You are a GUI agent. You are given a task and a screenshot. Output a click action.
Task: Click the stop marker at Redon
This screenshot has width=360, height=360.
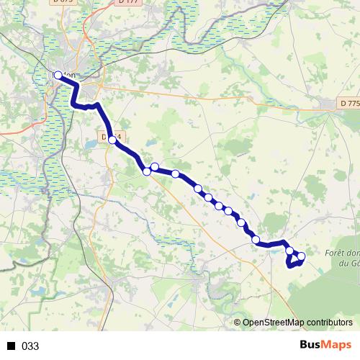(58, 74)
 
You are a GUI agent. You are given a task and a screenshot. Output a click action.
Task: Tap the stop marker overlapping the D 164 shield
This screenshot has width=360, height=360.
(112, 140)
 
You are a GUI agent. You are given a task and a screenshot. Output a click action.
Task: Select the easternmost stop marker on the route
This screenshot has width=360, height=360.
(301, 256)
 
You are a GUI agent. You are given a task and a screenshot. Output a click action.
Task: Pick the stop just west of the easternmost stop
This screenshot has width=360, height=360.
(290, 251)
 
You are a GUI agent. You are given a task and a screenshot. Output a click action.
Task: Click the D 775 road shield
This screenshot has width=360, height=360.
(350, 104)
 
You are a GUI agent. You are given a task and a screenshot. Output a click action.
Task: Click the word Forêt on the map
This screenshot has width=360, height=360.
(337, 252)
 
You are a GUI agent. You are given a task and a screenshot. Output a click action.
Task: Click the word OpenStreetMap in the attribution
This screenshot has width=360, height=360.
(275, 323)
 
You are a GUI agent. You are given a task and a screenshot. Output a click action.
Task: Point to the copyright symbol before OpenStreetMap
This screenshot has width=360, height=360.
(238, 323)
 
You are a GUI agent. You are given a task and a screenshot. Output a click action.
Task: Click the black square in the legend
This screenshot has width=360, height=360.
(12, 346)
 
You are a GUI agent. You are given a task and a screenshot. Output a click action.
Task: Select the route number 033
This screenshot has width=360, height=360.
(30, 346)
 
